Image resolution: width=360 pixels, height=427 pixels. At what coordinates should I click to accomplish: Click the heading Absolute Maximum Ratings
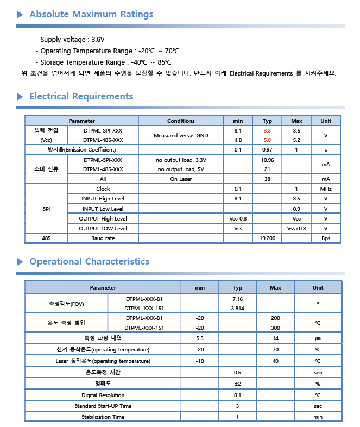click(91, 15)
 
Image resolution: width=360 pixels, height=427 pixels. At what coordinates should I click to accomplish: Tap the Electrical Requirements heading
click(81, 97)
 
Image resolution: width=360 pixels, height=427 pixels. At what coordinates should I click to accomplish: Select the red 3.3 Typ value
click(267, 131)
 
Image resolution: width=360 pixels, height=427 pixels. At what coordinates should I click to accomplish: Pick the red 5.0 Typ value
click(267, 140)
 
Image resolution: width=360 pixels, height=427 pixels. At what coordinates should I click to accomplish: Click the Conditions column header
click(181, 121)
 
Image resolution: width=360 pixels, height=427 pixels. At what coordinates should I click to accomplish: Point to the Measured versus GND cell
click(181, 136)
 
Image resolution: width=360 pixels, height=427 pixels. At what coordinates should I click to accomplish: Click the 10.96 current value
click(267, 160)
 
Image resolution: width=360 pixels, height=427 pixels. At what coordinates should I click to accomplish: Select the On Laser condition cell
click(181, 179)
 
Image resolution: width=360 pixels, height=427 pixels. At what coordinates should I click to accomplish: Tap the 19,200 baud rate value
click(267, 238)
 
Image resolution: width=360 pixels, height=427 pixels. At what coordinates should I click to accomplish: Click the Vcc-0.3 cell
click(238, 218)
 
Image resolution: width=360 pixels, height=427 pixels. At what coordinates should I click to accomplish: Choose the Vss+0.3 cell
click(296, 228)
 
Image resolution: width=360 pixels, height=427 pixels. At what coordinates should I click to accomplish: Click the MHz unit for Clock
click(326, 189)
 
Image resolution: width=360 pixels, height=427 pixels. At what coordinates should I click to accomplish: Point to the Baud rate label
click(103, 238)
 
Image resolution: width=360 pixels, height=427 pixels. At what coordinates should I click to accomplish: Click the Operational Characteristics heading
click(89, 261)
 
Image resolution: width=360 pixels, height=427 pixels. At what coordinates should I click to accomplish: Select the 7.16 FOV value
click(237, 299)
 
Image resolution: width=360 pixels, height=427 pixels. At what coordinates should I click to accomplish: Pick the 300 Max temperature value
click(275, 328)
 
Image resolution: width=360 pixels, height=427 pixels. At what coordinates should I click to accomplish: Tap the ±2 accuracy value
click(237, 384)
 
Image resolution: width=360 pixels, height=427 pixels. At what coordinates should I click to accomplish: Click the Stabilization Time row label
click(103, 417)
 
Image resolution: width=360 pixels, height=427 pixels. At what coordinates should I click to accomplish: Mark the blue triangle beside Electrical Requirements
click(20, 97)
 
